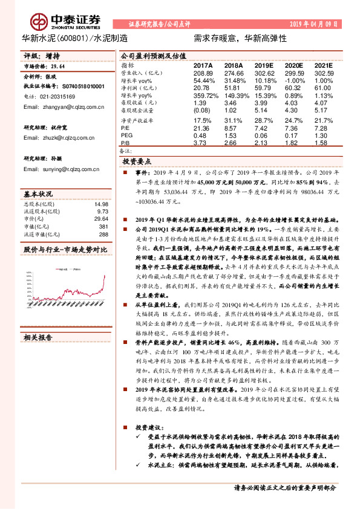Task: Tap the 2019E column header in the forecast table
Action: coord(264,65)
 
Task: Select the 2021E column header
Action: coord(324,65)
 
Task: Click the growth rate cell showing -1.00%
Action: coord(294,80)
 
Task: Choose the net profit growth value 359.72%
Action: coord(205,96)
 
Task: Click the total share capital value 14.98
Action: coord(101,204)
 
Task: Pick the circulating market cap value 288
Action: coord(103,233)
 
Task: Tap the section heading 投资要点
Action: coord(137,163)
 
